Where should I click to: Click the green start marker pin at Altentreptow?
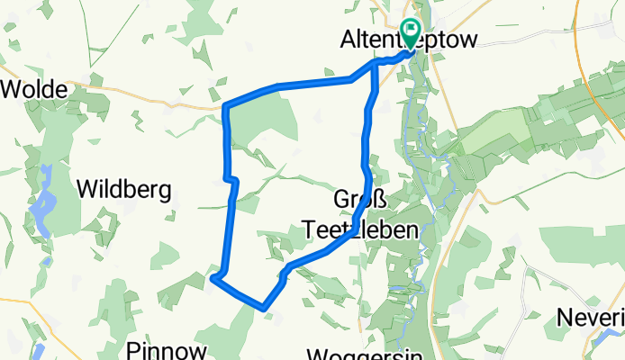click(x=410, y=33)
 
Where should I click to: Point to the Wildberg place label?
click(x=123, y=189)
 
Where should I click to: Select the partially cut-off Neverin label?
click(x=591, y=317)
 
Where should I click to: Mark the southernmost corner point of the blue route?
click(x=264, y=308)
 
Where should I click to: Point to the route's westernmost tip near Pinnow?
click(x=213, y=279)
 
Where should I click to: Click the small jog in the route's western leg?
click(x=231, y=180)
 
